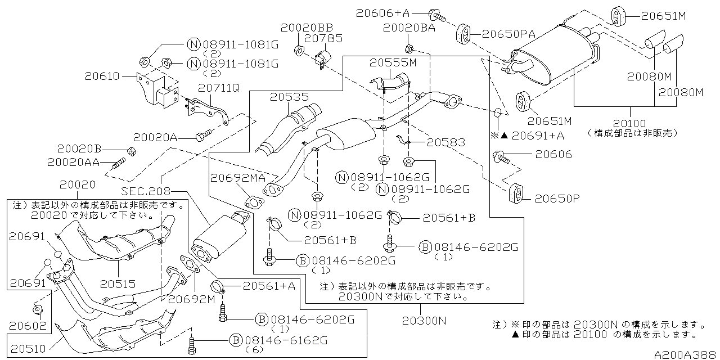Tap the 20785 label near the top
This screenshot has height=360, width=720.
click(319, 38)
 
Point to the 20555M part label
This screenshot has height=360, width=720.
click(393, 63)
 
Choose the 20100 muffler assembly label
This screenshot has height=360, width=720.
click(629, 123)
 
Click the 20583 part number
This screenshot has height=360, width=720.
click(444, 143)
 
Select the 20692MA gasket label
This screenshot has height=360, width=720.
click(237, 178)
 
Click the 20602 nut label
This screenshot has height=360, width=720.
click(26, 325)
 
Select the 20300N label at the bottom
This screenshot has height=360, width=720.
click(424, 321)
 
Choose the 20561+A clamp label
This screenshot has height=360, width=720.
click(268, 286)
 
